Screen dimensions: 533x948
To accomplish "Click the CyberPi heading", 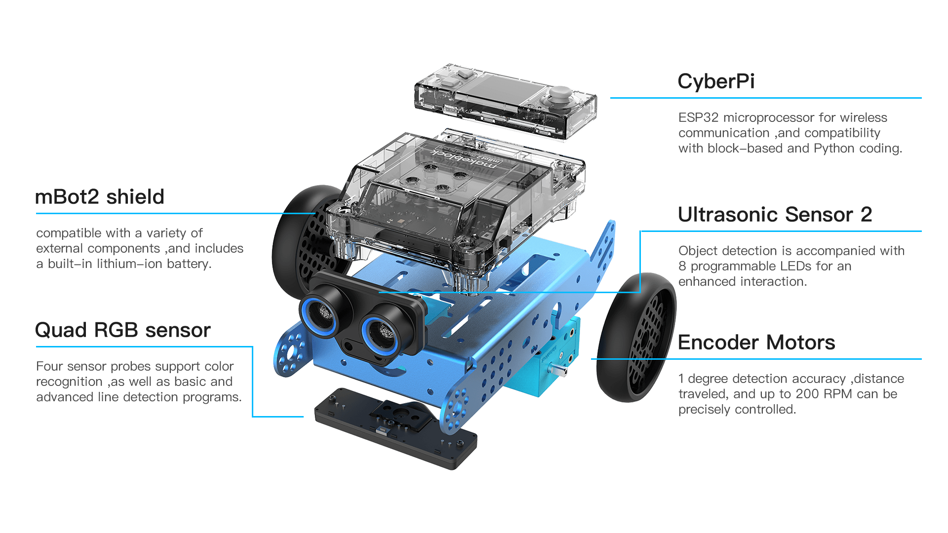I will coord(715,82).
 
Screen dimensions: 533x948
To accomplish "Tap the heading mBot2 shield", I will coord(99,197).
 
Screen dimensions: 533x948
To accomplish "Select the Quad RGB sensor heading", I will coord(122,330).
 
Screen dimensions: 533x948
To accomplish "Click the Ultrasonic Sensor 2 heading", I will coord(775,215).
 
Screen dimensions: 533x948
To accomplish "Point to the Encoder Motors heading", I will coord(756,343).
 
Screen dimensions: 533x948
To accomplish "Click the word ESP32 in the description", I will coord(698,117).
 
